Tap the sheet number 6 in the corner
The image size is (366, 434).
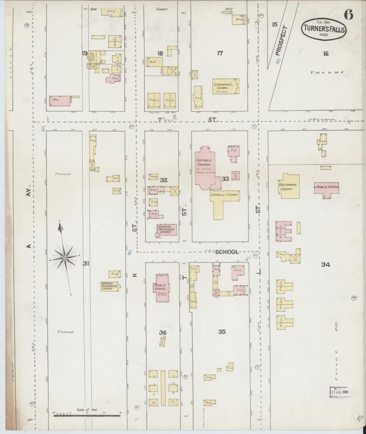pos(349,15)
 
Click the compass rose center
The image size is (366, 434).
pos(65,258)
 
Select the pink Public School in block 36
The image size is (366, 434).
pos(162,288)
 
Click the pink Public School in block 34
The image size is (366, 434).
pos(326,188)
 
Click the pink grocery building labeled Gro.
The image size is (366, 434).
pos(60,101)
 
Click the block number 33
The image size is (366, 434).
pos(225,179)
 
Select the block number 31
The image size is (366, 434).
pos(86,264)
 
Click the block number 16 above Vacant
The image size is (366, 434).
pos(326,53)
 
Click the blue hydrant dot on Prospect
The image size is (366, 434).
pos(278,62)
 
